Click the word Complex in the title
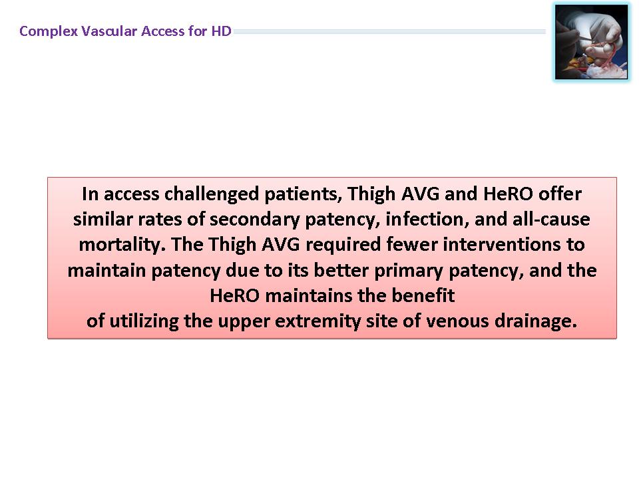[x=49, y=31]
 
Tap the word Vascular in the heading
[x=109, y=31]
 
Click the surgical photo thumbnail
[x=591, y=41]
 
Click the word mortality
[x=122, y=245]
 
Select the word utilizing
[x=144, y=321]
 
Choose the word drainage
[x=535, y=321]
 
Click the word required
[x=343, y=245]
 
